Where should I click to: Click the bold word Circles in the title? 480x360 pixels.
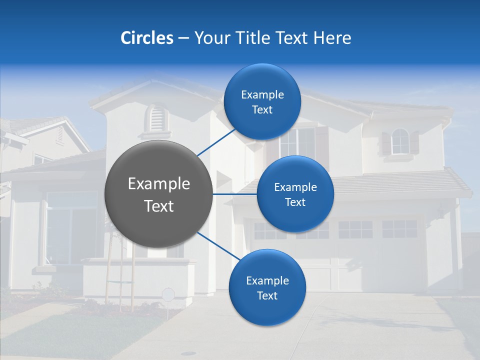pyautogui.click(x=146, y=38)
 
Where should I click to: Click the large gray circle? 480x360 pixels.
pyautogui.click(x=159, y=194)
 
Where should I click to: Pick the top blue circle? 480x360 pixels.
pyautogui.click(x=262, y=101)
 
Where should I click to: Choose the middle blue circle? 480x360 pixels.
pyautogui.click(x=295, y=194)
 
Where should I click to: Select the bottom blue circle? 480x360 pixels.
pyautogui.click(x=267, y=287)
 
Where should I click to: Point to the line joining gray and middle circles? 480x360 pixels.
pyautogui.click(x=235, y=194)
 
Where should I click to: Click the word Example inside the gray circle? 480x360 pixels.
pyautogui.click(x=159, y=184)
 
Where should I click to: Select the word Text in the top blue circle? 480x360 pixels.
pyautogui.click(x=262, y=110)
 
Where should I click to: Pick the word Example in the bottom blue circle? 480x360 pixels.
pyautogui.click(x=267, y=280)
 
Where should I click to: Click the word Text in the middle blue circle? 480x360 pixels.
pyautogui.click(x=295, y=202)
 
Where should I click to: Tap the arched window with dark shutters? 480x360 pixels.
pyautogui.click(x=400, y=142)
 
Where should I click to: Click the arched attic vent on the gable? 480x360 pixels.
pyautogui.click(x=156, y=118)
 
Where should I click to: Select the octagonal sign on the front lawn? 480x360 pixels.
pyautogui.click(x=168, y=294)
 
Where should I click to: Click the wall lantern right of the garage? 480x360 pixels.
pyautogui.click(x=440, y=211)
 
